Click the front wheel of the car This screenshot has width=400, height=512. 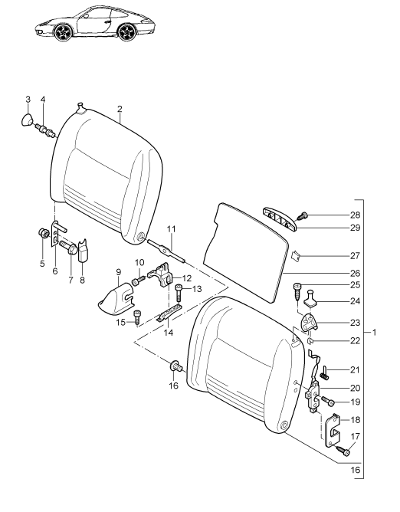pyautogui.click(x=62, y=32)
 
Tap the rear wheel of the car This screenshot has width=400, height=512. pyautogui.click(x=126, y=32)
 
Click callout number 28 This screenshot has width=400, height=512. pyautogui.click(x=356, y=215)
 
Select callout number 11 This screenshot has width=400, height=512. pyautogui.click(x=171, y=229)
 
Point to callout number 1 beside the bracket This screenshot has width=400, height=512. pyautogui.click(x=375, y=333)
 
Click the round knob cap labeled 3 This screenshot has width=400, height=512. pyautogui.click(x=27, y=120)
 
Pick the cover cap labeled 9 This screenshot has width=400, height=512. pyautogui.click(x=116, y=298)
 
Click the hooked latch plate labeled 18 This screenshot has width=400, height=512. pyautogui.click(x=333, y=430)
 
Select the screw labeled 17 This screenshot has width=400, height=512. pyautogui.click(x=343, y=451)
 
